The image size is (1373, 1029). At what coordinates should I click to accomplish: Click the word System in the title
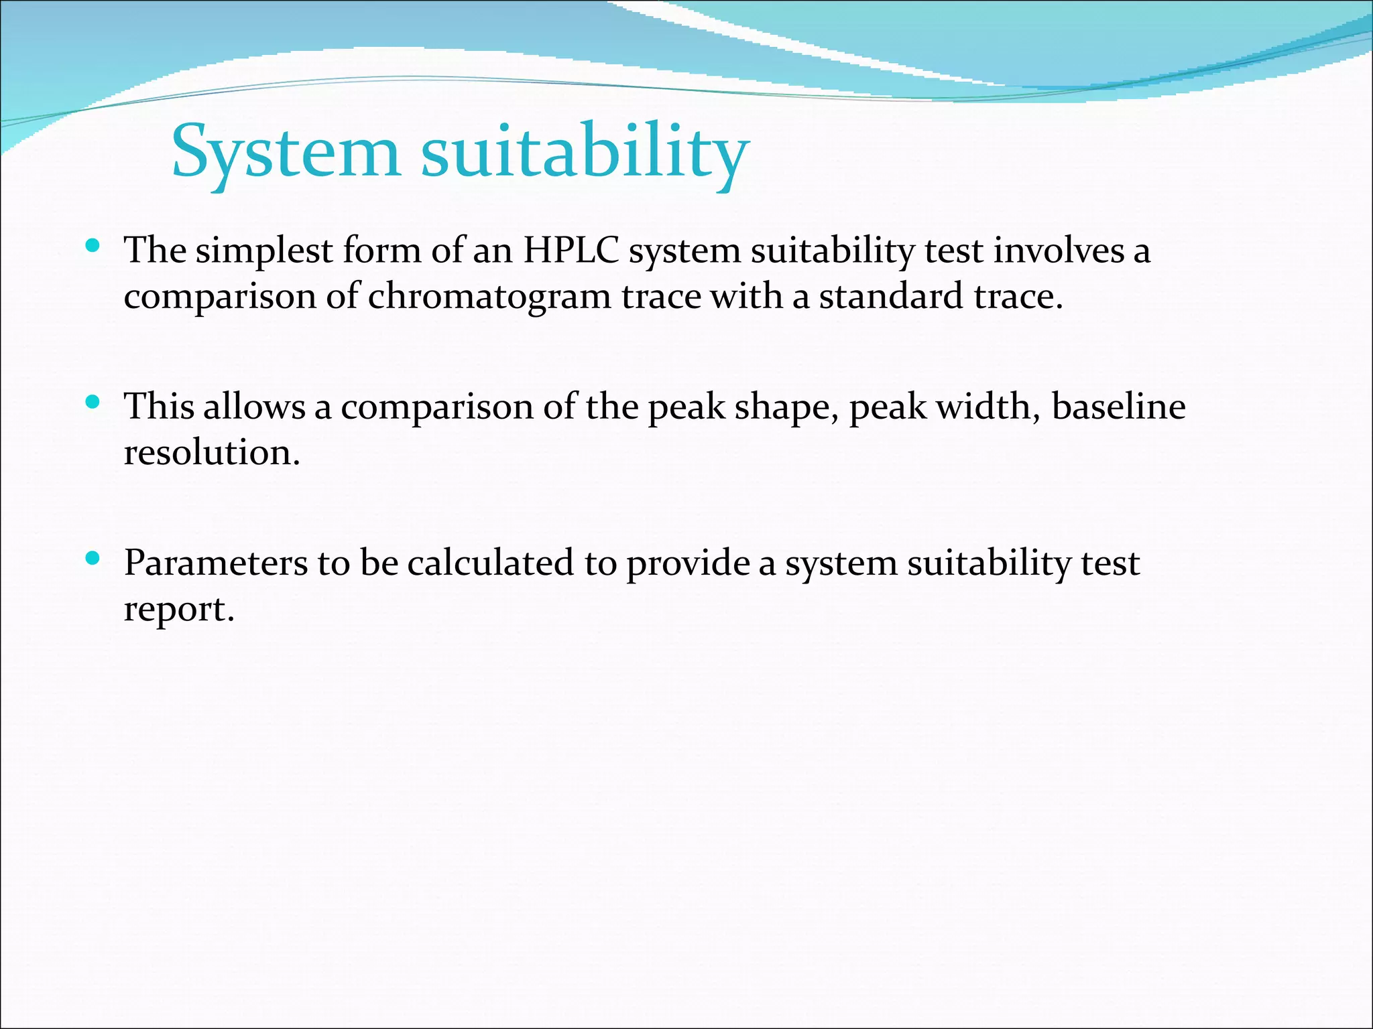pos(285,153)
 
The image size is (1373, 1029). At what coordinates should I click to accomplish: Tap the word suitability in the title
pos(585,153)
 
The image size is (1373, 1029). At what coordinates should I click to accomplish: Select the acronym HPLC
pos(571,251)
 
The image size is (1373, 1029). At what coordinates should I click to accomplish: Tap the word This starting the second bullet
pos(158,407)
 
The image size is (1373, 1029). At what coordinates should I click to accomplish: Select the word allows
pos(254,407)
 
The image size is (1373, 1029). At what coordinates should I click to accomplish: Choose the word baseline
pos(1118,407)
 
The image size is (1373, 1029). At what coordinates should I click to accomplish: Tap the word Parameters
pos(215,563)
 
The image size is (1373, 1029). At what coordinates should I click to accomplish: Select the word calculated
pos(490,563)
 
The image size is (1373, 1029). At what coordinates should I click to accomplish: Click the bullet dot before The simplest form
pos(93,247)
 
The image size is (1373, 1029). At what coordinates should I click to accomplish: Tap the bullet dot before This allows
pos(93,402)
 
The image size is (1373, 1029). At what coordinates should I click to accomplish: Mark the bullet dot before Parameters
pos(93,558)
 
